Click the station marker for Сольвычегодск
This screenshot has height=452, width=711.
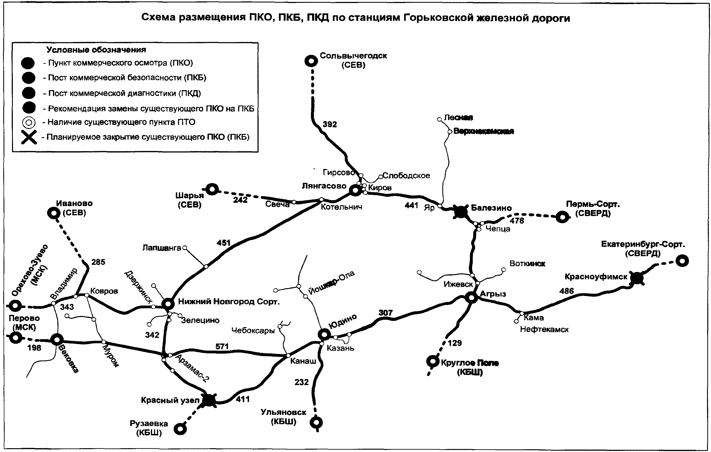pyautogui.click(x=311, y=61)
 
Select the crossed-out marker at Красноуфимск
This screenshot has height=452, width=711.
pyautogui.click(x=637, y=278)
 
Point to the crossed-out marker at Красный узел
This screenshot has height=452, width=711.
pyautogui.click(x=209, y=400)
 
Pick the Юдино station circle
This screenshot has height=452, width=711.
pyautogui.click(x=324, y=335)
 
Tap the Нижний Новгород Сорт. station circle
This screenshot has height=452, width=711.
pyautogui.click(x=168, y=303)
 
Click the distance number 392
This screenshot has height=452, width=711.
pyautogui.click(x=330, y=124)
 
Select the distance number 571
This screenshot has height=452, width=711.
pyautogui.click(x=222, y=346)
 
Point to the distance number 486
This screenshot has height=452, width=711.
pyautogui.click(x=566, y=291)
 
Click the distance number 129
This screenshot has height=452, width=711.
pyautogui.click(x=454, y=343)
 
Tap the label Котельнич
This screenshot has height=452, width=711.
pyautogui.click(x=341, y=207)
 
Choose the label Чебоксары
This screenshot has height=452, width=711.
pyautogui.click(x=253, y=331)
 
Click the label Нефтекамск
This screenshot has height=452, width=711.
pyautogui.click(x=544, y=329)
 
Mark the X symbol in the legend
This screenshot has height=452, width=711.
pyautogui.click(x=29, y=137)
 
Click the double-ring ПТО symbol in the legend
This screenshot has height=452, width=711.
pyautogui.click(x=29, y=122)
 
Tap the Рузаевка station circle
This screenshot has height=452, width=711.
pyautogui.click(x=180, y=429)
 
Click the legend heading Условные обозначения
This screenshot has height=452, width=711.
pyautogui.click(x=96, y=50)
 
